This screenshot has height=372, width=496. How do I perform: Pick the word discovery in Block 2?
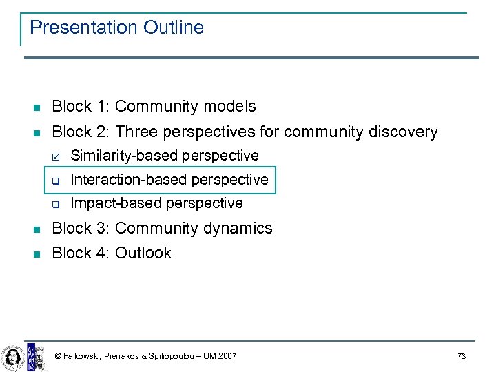pyautogui.click(x=402, y=132)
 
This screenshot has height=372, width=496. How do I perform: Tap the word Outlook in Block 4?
pyautogui.click(x=143, y=253)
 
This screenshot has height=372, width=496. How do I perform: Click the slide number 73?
pyautogui.click(x=462, y=356)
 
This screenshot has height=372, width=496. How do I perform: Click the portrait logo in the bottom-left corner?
pyautogui.click(x=12, y=356)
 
